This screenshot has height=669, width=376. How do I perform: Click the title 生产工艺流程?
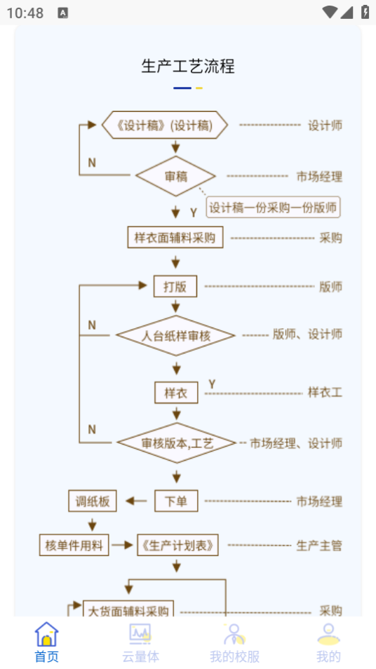point(188,67)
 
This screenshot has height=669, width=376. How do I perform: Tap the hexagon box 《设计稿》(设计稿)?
point(165,126)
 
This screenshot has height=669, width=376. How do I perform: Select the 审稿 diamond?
point(175,176)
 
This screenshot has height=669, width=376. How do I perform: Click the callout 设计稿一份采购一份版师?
point(273,207)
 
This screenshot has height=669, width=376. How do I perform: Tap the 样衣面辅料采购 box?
point(175,237)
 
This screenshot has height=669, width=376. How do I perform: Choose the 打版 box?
point(175,286)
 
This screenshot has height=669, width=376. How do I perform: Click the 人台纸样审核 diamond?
point(175,335)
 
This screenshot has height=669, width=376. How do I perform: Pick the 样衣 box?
point(176,393)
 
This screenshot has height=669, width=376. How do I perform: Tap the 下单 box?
point(176,501)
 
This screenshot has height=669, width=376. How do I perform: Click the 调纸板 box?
point(93,501)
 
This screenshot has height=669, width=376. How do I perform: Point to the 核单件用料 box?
point(74,545)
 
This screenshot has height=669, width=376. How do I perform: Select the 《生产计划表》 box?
point(178,545)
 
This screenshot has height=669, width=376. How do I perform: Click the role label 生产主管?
point(319,545)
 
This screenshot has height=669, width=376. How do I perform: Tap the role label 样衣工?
point(325,393)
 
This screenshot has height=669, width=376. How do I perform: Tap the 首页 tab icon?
point(46,634)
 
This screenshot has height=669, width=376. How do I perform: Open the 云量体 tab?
point(140,642)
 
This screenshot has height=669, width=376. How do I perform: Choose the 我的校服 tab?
point(234,642)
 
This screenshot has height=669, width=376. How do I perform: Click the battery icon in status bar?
point(365,12)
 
